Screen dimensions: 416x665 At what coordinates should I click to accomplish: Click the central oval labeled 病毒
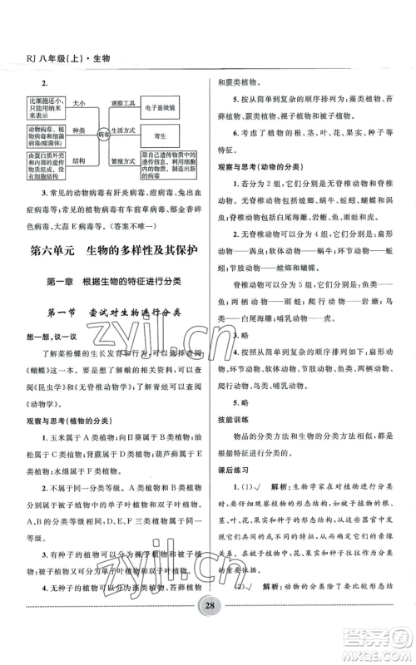point(104,131)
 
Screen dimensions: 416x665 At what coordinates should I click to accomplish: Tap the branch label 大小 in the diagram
point(79,104)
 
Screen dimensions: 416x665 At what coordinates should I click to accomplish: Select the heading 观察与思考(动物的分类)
point(259,166)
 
